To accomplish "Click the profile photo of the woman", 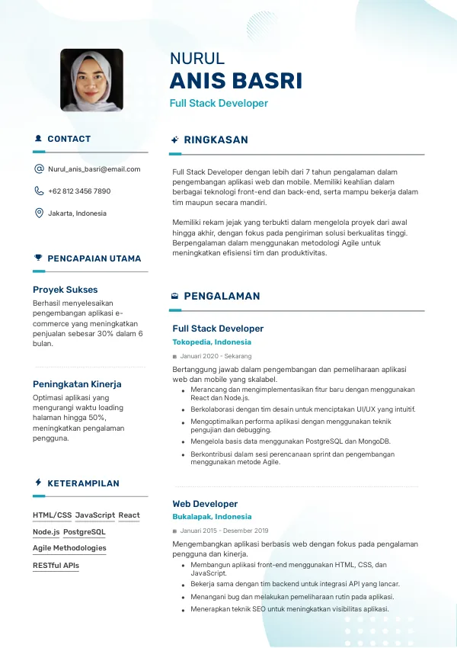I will coord(91,80).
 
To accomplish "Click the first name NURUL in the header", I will coord(197,59).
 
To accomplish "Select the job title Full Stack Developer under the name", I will coord(219,103).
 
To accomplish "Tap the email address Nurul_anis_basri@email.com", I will coord(94,169).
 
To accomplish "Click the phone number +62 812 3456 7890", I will coord(79,191).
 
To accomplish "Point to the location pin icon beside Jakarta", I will coord(39,213).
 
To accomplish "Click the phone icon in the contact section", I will coord(39,191).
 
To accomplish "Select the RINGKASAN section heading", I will coord(216,140).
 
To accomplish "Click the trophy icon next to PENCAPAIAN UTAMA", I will coord(38,258).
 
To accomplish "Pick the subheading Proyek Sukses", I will coord(65,290).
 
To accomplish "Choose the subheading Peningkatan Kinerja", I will coord(77,384).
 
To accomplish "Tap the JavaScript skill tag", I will coord(94,515).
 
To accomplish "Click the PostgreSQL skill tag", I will coord(84,532).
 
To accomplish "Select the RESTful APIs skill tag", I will coord(56,566).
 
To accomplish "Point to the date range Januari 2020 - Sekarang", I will coord(216,356).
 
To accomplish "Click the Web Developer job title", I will coord(205,504).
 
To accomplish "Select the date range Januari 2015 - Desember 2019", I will coord(224,531).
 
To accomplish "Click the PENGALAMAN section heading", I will coord(222,296).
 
